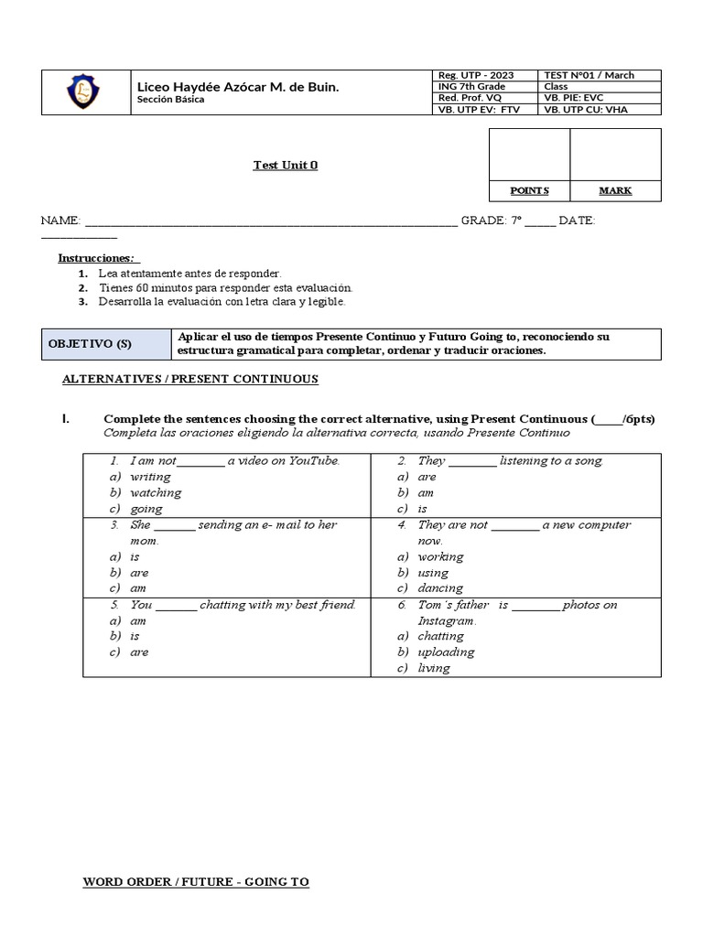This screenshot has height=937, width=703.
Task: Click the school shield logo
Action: tap(84, 92)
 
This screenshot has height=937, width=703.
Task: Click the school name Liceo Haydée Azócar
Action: tap(237, 86)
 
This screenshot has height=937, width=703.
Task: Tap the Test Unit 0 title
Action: tap(286, 166)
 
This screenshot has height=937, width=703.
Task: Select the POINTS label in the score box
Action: tap(529, 190)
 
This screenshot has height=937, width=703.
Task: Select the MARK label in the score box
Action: tap(615, 190)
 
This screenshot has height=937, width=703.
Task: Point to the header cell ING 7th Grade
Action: tap(471, 86)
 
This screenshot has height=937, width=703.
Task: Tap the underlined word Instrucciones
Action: tap(96, 258)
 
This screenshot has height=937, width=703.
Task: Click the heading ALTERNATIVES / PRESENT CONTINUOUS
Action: tap(189, 379)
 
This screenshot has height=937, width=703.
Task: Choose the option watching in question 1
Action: tap(156, 492)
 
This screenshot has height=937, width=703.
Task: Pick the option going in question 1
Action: tap(146, 509)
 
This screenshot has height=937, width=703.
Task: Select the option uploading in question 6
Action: tap(446, 652)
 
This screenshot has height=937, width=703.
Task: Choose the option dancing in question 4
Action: tap(440, 588)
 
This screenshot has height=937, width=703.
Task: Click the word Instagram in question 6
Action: tap(446, 621)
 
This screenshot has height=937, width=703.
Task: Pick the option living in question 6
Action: tap(434, 668)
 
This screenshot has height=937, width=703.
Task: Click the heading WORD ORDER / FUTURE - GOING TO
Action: tap(196, 882)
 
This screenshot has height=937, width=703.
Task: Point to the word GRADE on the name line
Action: tap(482, 221)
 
